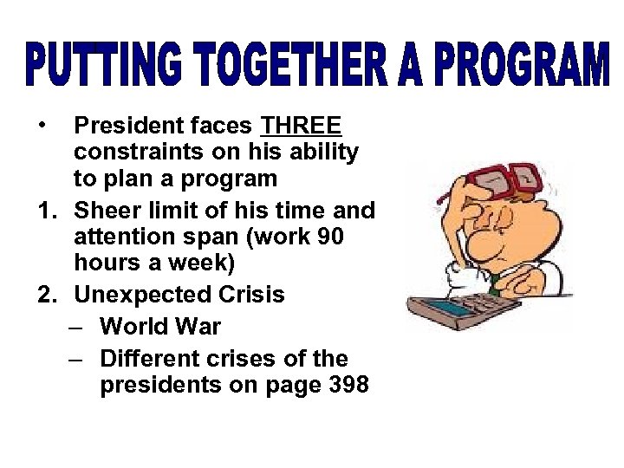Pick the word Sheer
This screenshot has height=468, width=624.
105,209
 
